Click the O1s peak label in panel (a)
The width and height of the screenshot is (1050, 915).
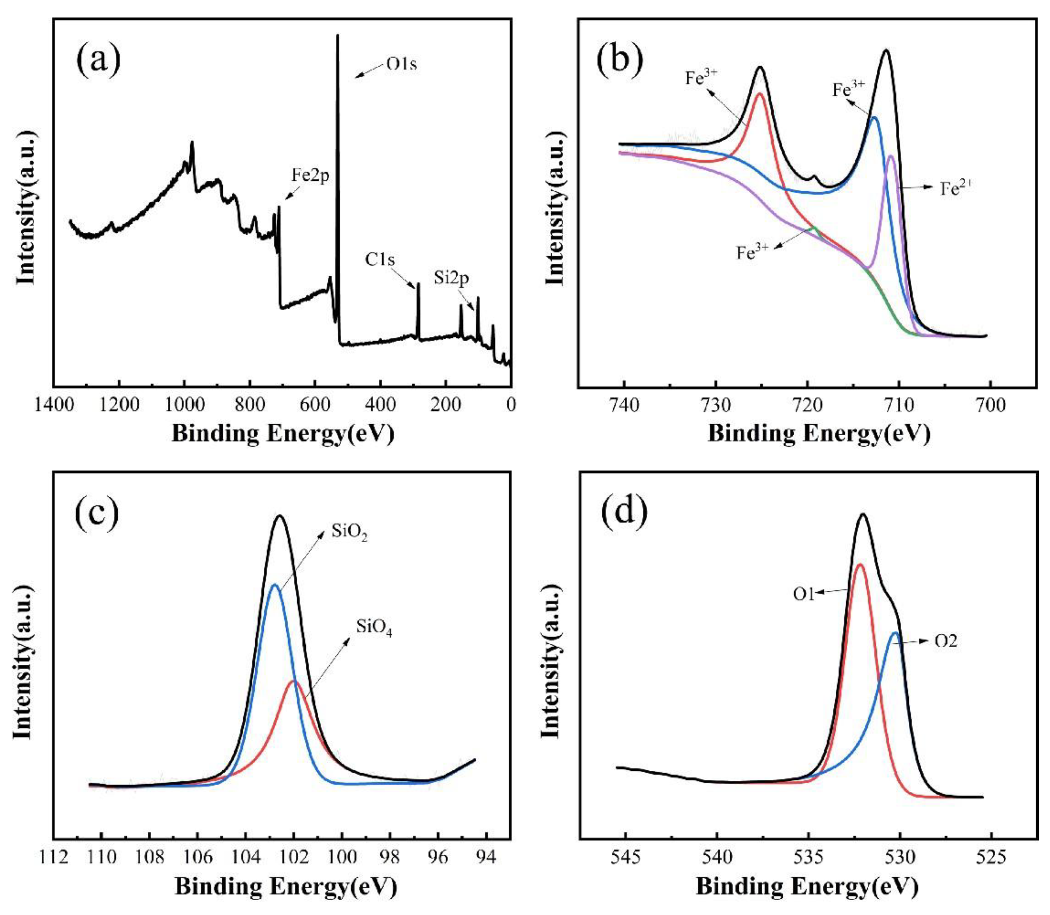tap(401, 64)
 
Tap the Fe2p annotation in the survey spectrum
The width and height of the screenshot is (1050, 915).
tap(310, 175)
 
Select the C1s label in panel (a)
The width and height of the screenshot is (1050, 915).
tap(380, 260)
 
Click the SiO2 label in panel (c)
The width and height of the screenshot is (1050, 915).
tap(349, 532)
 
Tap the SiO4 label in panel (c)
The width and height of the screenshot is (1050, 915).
tap(374, 627)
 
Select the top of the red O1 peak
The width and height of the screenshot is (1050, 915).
tap(859, 564)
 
